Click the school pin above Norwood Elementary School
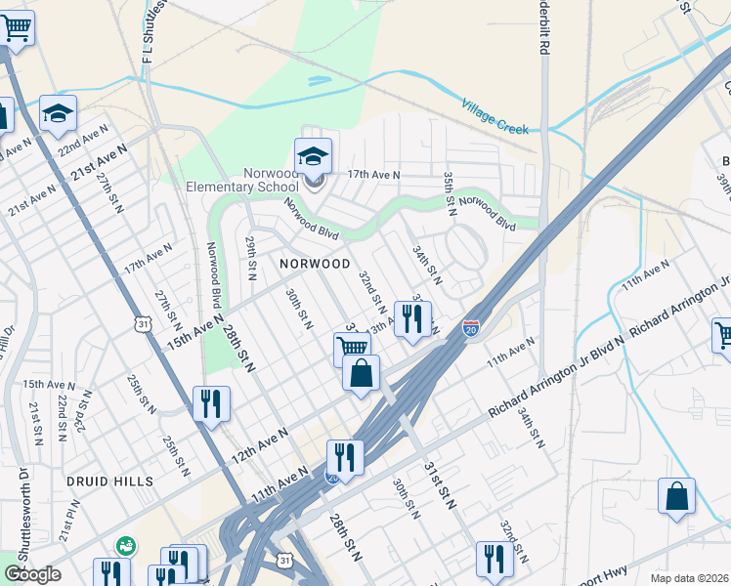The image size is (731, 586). [x=313, y=157]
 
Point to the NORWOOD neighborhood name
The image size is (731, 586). [x=315, y=264]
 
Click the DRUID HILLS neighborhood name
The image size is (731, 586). [x=110, y=481]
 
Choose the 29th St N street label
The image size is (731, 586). [x=251, y=252]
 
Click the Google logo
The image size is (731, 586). [x=32, y=573]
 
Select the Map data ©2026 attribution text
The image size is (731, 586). [x=689, y=578]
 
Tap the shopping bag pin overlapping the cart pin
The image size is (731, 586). [x=361, y=374]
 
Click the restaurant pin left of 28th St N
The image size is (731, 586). [x=211, y=405]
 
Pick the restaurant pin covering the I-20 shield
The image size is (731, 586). [x=344, y=458]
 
